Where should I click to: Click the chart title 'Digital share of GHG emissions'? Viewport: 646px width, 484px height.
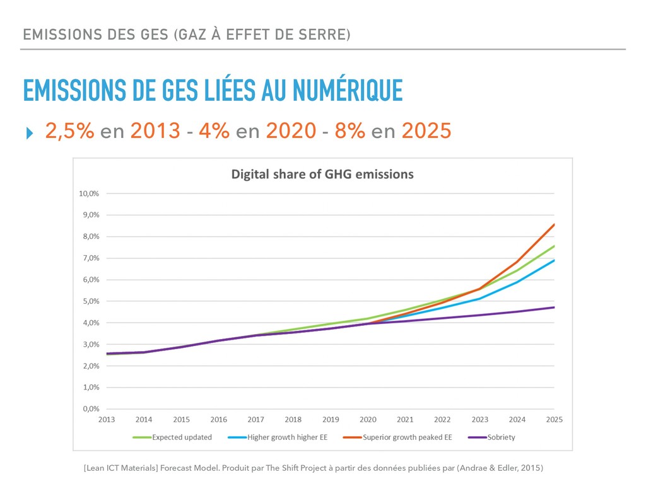[322, 174]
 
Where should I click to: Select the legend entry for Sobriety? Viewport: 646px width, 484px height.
[501, 437]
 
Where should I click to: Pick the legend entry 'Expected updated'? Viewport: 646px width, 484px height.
[182, 437]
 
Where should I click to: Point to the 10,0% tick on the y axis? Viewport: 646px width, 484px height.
[89, 193]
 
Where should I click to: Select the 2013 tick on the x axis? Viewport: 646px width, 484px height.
[107, 420]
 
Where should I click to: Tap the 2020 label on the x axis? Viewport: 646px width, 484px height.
[368, 420]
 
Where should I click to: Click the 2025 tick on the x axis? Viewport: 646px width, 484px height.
[554, 420]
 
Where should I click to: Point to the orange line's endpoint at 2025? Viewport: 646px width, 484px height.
[555, 224]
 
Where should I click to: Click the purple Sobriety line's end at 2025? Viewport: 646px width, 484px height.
[555, 308]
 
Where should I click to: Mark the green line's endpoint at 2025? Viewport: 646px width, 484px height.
[555, 246]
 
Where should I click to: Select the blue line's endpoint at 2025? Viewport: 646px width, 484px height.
[555, 260]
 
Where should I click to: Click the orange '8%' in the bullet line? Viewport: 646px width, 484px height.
[349, 131]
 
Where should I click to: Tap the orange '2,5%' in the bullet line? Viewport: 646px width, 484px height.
[69, 131]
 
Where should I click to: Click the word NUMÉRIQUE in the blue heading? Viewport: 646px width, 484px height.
[348, 90]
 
